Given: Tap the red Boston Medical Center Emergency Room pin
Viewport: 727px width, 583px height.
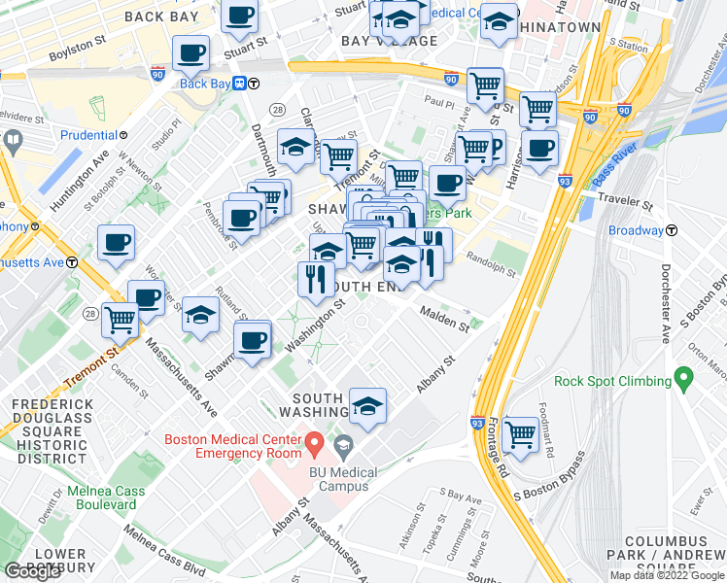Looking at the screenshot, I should [x=314, y=445].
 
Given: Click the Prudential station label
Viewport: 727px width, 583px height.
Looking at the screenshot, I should [x=94, y=134].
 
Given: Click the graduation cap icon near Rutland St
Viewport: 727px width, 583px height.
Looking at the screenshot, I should [x=201, y=314].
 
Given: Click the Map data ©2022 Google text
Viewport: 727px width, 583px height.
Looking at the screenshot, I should [x=666, y=575].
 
